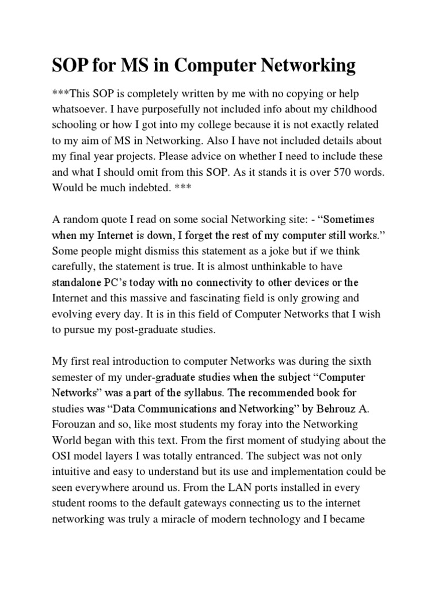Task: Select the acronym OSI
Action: [64, 456]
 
